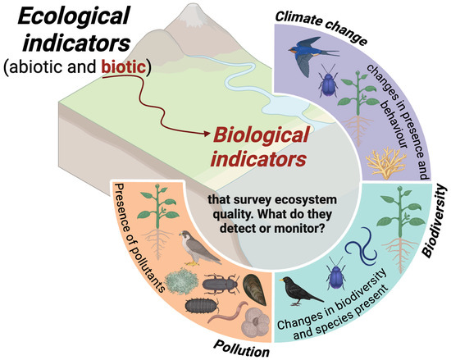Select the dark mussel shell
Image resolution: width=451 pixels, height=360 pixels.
pyautogui.click(x=253, y=287)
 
